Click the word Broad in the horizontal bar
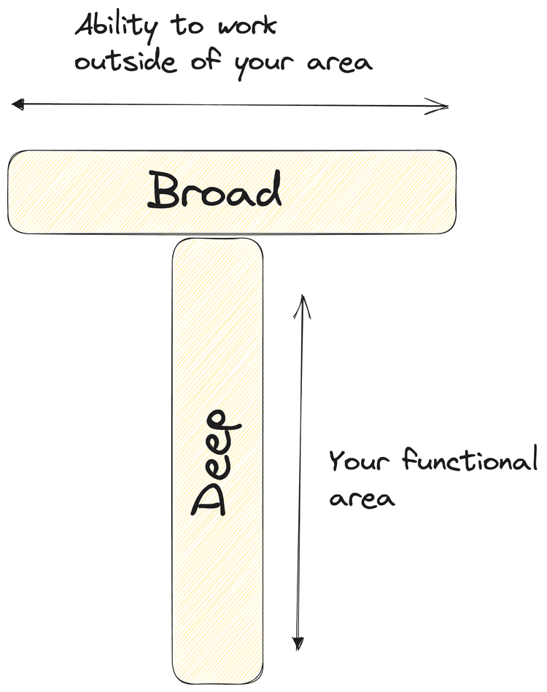pyautogui.click(x=214, y=191)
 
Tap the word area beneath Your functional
pyautogui.click(x=362, y=499)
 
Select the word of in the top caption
pyautogui.click(x=211, y=61)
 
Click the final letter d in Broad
pyautogui.click(x=268, y=191)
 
